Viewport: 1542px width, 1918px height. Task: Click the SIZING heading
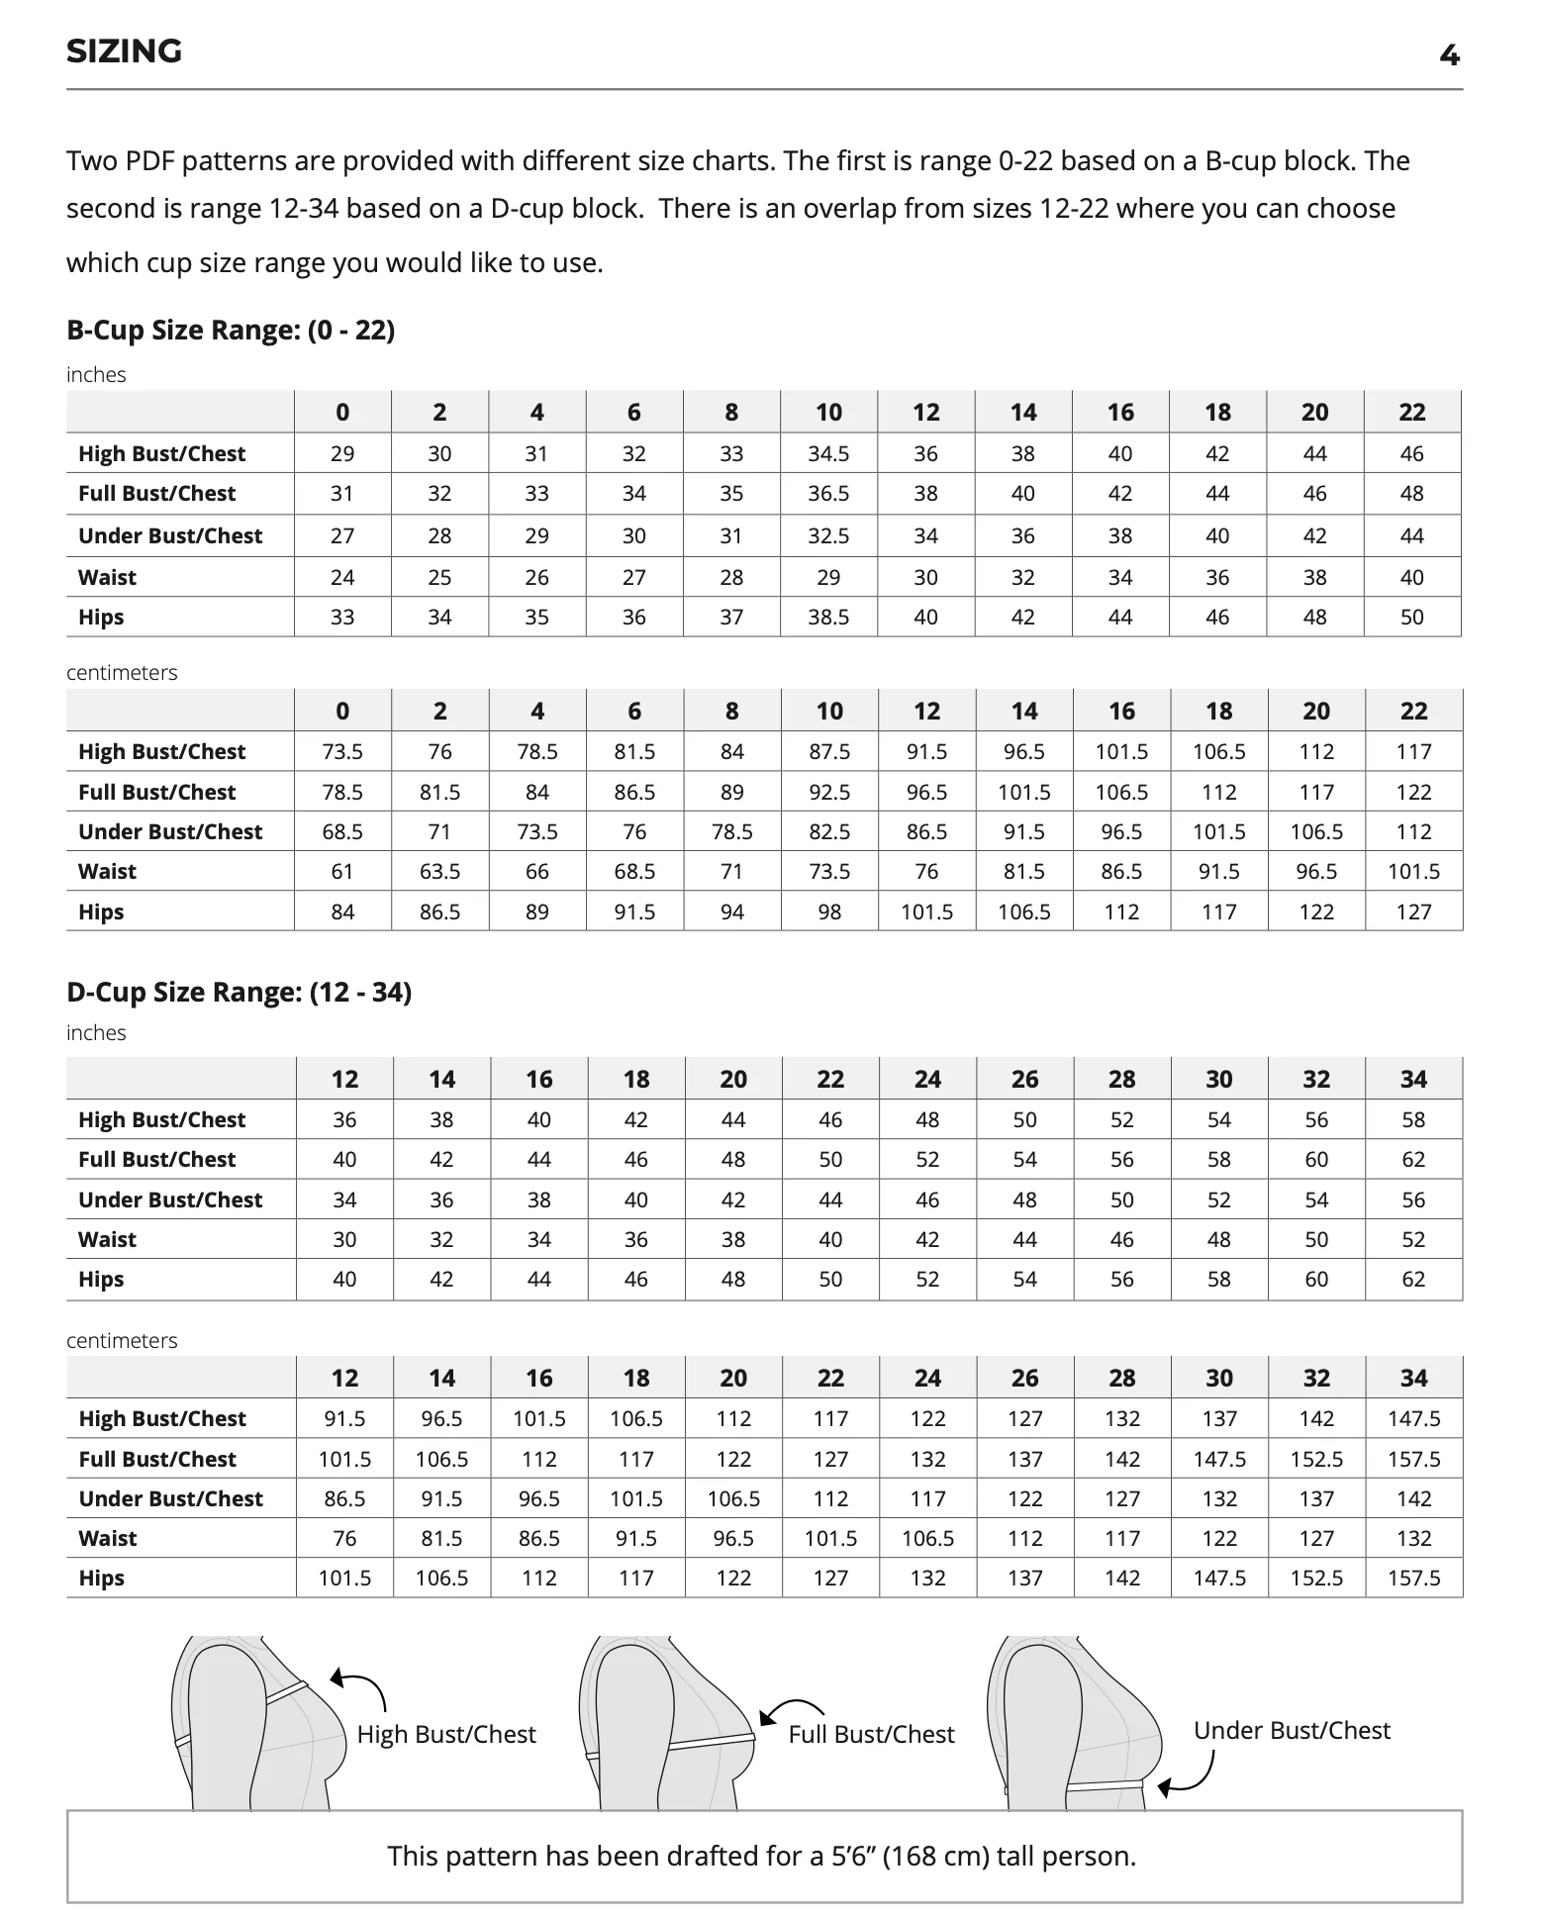point(124,51)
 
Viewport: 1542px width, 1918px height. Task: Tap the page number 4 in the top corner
point(1449,55)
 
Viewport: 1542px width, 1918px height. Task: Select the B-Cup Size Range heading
point(230,330)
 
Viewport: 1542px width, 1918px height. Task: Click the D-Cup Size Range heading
point(239,992)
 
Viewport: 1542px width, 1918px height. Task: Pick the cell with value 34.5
point(828,454)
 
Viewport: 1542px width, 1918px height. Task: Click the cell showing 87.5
point(829,752)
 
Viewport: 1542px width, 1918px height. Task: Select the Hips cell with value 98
point(829,911)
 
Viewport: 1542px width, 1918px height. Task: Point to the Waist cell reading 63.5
point(439,872)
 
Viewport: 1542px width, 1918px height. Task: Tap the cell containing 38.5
point(828,618)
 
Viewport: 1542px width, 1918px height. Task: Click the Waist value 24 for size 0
point(342,577)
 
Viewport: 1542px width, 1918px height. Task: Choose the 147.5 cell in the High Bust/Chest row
point(1413,1419)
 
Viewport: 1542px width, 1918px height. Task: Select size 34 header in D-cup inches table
point(1413,1080)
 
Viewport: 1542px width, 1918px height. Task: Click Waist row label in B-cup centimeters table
point(108,872)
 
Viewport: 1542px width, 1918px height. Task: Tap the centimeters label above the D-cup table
point(122,1340)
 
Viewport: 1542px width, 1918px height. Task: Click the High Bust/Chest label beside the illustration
point(446,1734)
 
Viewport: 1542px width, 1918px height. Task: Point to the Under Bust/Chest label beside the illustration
point(1292,1730)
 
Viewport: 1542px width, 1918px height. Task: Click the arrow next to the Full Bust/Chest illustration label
point(790,1709)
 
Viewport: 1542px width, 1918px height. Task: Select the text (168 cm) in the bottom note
point(935,1856)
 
